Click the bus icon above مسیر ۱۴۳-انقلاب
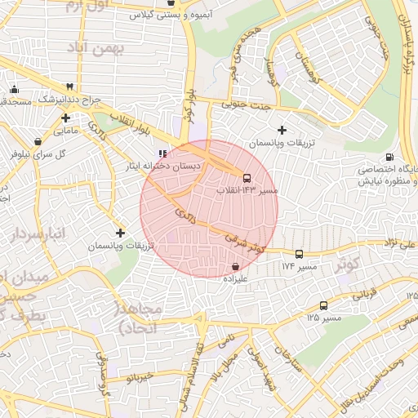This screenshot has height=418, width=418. click(247, 177)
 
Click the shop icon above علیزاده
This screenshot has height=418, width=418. click(236, 266)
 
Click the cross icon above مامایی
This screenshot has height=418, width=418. click(65, 118)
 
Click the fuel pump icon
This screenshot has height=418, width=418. click(389, 158)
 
